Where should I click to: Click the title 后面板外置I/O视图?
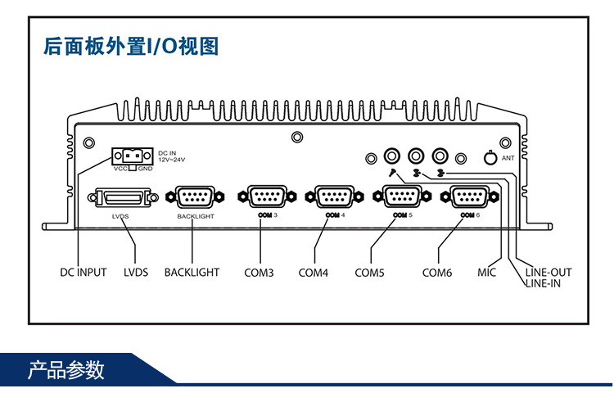pyautogui.click(x=131, y=46)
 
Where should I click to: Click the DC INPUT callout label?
pyautogui.click(x=84, y=272)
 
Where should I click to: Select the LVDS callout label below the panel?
pyautogui.click(x=136, y=272)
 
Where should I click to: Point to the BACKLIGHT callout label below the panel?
pyautogui.click(x=192, y=272)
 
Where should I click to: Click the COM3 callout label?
pyautogui.click(x=259, y=272)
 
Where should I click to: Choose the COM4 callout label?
pyautogui.click(x=313, y=272)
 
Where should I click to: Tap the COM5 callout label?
pyautogui.click(x=369, y=272)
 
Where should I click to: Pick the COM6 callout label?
pyautogui.click(x=437, y=272)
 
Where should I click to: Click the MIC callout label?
pyautogui.click(x=487, y=272)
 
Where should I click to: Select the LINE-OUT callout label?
pyautogui.click(x=548, y=272)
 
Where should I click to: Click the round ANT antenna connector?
pyautogui.click(x=490, y=157)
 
